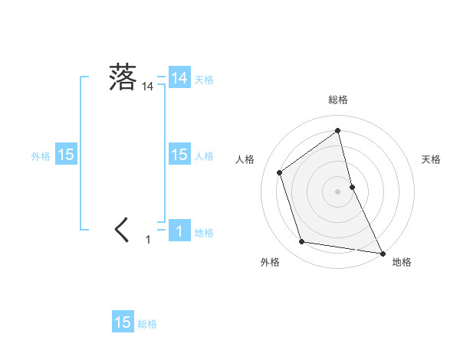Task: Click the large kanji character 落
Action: [123, 77]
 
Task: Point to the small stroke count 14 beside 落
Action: [147, 87]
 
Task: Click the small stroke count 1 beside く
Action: [148, 240]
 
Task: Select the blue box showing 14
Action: [179, 77]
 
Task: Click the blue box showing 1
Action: [179, 230]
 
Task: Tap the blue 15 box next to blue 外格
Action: [66, 155]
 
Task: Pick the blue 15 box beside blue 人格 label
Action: [179, 155]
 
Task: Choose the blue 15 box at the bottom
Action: [123, 322]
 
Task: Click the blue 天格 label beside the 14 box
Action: [204, 78]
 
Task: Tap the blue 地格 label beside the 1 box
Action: [204, 233]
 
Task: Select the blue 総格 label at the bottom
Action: [147, 324]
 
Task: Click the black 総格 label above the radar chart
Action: [338, 100]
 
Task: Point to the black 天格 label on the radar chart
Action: [432, 159]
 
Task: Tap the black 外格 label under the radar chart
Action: [270, 262]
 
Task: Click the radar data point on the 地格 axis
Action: [382, 253]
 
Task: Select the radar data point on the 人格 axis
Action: [280, 172]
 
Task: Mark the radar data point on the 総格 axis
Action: [338, 130]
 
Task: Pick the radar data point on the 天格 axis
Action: [352, 186]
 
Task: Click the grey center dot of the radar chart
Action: [338, 191]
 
